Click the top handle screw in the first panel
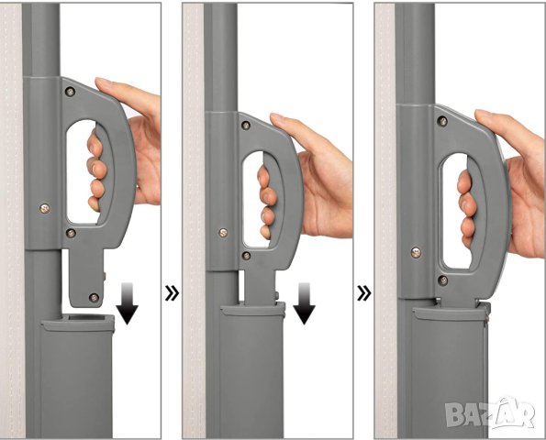70,92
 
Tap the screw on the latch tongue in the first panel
94,297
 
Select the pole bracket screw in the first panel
45,209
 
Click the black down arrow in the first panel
128,303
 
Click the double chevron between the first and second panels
172,293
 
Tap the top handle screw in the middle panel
246,126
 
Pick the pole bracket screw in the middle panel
223,233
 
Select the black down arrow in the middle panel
304,303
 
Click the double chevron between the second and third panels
364,293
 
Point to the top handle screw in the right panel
442,121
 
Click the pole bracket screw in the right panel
416,252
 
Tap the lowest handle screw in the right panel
442,280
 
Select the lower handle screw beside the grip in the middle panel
246,256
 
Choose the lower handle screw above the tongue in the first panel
71,233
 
